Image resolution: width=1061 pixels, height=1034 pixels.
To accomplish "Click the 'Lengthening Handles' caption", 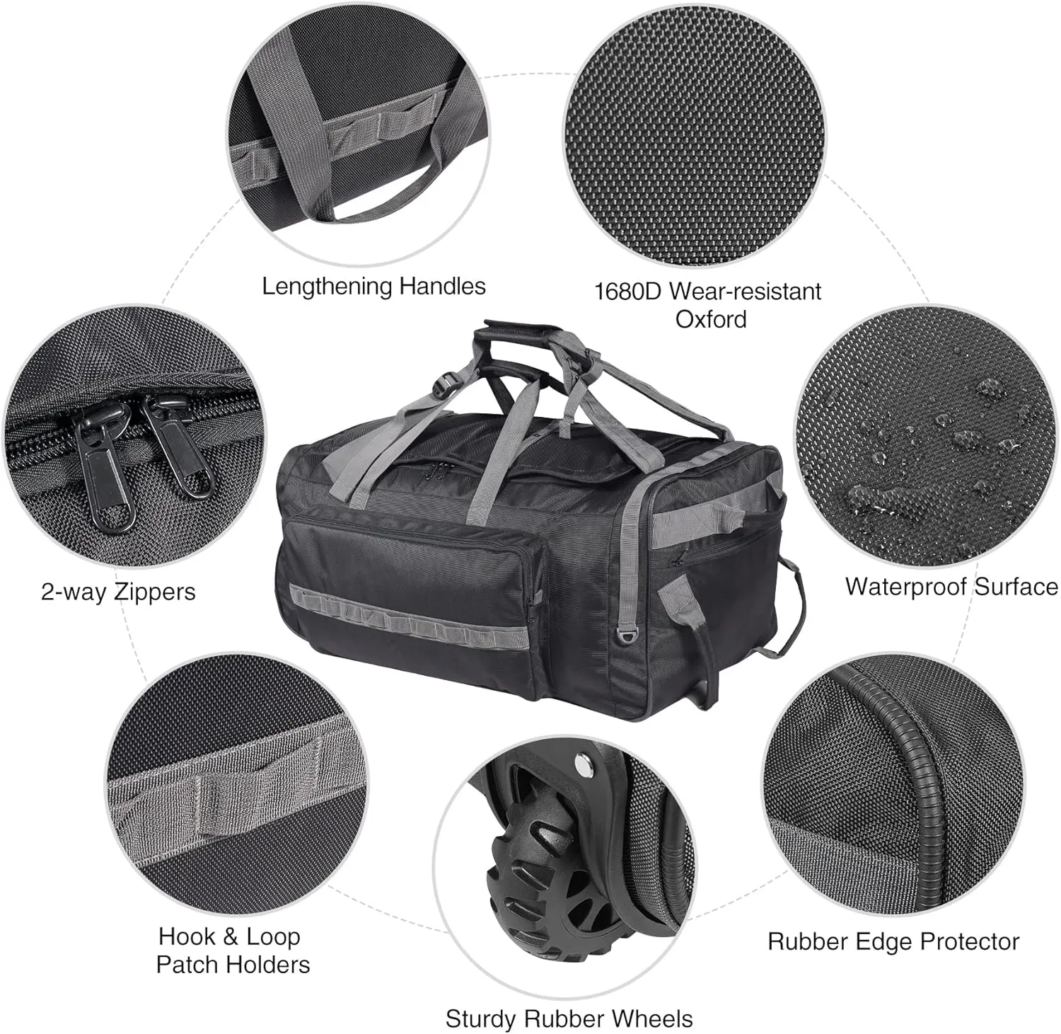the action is (x=373, y=287).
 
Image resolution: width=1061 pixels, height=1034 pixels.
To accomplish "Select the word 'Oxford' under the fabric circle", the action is (x=711, y=319).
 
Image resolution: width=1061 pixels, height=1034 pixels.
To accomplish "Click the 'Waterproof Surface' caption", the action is (x=951, y=587).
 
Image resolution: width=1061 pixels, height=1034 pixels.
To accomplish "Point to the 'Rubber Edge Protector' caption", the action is (x=893, y=942).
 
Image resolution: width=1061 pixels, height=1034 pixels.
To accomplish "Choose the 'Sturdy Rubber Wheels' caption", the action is (x=569, y=1019).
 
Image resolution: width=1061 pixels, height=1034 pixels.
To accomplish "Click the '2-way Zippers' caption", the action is (x=118, y=592).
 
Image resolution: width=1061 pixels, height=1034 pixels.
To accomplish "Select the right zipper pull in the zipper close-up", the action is (x=177, y=446).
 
